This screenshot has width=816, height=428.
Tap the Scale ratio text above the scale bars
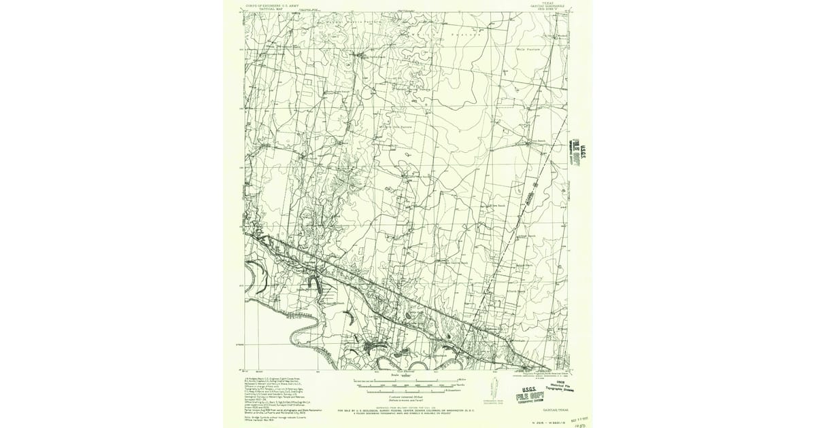407,374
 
